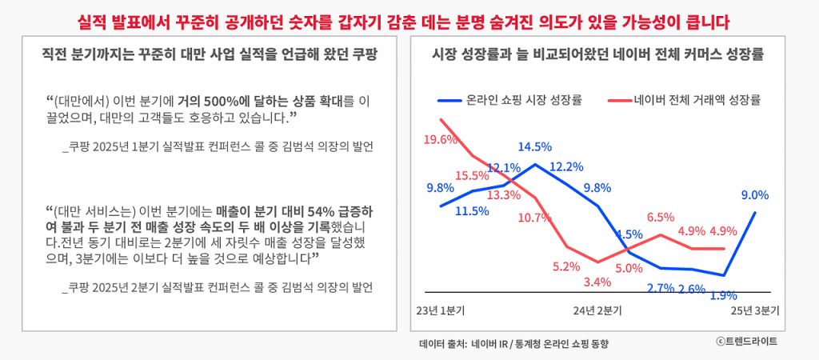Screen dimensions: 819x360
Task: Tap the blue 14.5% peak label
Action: pyautogui.click(x=535, y=147)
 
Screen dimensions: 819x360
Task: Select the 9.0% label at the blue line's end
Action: pyautogui.click(x=755, y=195)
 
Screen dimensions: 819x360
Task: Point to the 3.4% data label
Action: pyautogui.click(x=597, y=282)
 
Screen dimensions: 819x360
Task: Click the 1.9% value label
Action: pyautogui.click(x=724, y=296)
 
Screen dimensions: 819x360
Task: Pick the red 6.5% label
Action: pyautogui.click(x=660, y=217)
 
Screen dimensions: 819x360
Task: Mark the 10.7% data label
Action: pyautogui.click(x=535, y=217)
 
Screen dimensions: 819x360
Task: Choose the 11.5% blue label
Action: pyautogui.click(x=472, y=211)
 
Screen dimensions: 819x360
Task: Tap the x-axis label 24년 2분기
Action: pyautogui.click(x=597, y=312)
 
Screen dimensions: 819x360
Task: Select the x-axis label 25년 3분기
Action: pyautogui.click(x=754, y=312)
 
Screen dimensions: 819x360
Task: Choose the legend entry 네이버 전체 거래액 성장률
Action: pyautogui.click(x=685, y=100)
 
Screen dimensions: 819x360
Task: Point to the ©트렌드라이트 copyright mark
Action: pyautogui.click(x=746, y=341)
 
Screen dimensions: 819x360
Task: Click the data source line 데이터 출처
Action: pyautogui.click(x=514, y=344)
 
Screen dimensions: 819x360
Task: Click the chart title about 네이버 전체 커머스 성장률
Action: pyautogui.click(x=598, y=55)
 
